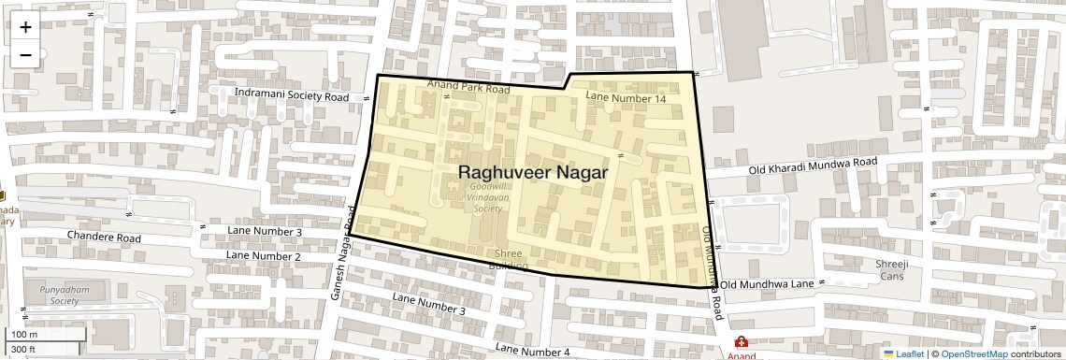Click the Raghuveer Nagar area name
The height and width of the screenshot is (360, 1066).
point(533,173)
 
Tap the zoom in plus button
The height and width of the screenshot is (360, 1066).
point(25,27)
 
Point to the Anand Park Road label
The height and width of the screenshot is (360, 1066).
point(468,88)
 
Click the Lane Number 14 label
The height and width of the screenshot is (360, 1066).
point(626,97)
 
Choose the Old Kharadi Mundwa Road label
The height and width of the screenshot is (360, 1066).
point(813,166)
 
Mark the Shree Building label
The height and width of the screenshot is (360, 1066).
point(509,259)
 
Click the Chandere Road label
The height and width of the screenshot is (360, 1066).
point(104,238)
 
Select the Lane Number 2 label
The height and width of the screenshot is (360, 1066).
point(264,255)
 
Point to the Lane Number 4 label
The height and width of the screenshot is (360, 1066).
point(532,350)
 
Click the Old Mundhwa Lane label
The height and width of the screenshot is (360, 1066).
point(767,283)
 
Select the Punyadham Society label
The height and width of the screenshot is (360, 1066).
point(65,295)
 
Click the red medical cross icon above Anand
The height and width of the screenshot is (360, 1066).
point(742,342)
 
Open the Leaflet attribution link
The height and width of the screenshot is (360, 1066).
point(903,353)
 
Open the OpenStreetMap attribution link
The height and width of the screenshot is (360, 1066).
point(973,353)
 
